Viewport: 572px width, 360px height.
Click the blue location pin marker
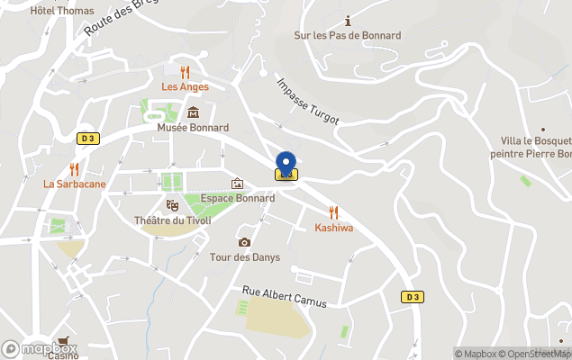(x=286, y=164)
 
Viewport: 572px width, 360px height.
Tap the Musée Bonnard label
(x=193, y=128)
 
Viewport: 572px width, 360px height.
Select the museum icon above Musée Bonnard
(x=193, y=112)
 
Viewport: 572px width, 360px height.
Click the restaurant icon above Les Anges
(x=185, y=71)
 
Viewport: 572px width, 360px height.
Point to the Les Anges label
(x=185, y=86)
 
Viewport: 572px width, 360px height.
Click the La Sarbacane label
(x=75, y=184)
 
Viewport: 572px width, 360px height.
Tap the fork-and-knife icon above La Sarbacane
(x=75, y=168)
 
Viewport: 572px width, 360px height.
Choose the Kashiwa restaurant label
(x=333, y=228)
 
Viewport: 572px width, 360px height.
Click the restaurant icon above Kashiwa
(x=333, y=212)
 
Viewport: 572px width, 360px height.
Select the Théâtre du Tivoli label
(x=171, y=220)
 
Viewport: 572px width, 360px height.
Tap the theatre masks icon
(x=171, y=205)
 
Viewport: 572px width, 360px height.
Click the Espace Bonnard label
(x=238, y=198)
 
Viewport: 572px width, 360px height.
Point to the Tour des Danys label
(x=244, y=257)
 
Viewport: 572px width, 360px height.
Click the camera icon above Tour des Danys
(x=244, y=242)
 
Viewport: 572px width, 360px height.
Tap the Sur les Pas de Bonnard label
(x=348, y=35)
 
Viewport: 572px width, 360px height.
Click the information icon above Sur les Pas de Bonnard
(x=348, y=21)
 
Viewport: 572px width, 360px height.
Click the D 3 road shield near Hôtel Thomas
(x=87, y=138)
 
